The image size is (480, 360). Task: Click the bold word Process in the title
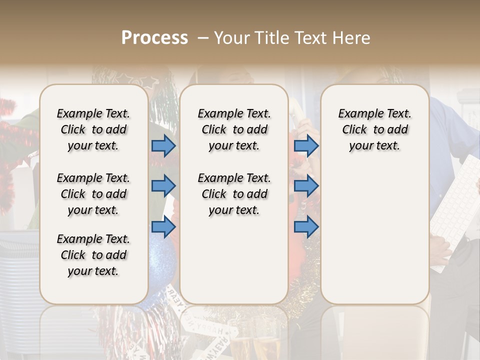click(x=154, y=38)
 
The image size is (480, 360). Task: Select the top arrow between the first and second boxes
click(x=163, y=145)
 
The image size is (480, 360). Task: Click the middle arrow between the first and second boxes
click(x=163, y=185)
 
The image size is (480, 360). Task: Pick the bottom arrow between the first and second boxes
click(x=163, y=227)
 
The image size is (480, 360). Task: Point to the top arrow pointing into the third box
click(x=306, y=145)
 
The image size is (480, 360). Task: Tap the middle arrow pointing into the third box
click(x=306, y=185)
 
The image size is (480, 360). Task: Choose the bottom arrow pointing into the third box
click(x=306, y=227)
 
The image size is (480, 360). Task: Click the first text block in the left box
click(x=93, y=129)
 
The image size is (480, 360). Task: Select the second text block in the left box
click(x=93, y=194)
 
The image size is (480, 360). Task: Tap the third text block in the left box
click(x=93, y=255)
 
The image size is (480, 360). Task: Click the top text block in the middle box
click(x=234, y=129)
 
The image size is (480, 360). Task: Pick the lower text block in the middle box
click(x=234, y=194)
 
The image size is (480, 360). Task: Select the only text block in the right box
click(x=374, y=129)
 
